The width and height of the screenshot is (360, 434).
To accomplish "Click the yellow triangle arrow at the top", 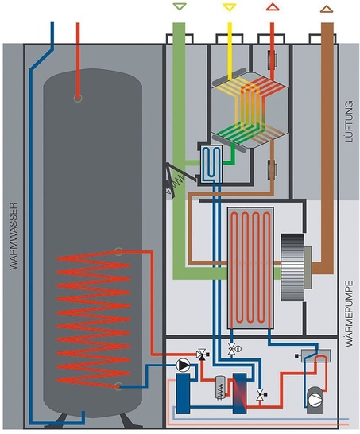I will pos(230,8).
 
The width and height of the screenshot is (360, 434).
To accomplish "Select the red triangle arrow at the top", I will pos(273,8).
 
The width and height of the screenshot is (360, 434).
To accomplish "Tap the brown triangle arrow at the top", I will pos(326,8).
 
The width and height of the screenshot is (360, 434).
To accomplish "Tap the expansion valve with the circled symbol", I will pos(234,349).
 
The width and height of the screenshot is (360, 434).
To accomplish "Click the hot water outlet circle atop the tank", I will pos(77,98).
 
